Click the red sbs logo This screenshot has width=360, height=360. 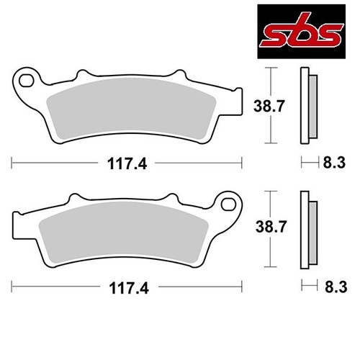pyautogui.click(x=302, y=32)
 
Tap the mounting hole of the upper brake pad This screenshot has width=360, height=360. pyautogui.click(x=26, y=81)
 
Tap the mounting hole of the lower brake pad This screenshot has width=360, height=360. pyautogui.click(x=228, y=204)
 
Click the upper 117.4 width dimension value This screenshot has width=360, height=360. pyautogui.click(x=127, y=164)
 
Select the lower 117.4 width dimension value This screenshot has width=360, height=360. pyautogui.click(x=129, y=288)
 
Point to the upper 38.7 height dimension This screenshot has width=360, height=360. pyautogui.click(x=269, y=106)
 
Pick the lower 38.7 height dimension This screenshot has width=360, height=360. pyautogui.click(x=271, y=227)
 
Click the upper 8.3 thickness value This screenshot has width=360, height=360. pyautogui.click(x=334, y=163)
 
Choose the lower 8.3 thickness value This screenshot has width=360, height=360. pyautogui.click(x=336, y=287)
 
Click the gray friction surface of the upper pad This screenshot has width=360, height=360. pyautogui.click(x=131, y=109)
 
